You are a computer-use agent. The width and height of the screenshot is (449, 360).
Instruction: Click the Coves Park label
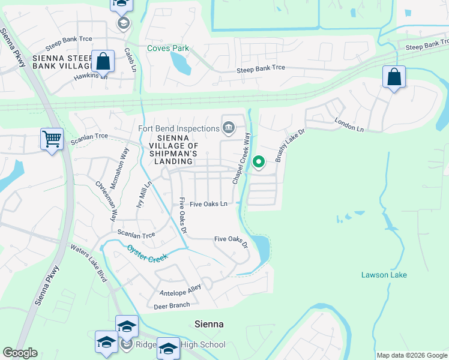[168, 49]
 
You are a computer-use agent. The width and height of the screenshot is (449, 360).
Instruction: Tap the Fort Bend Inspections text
[178, 128]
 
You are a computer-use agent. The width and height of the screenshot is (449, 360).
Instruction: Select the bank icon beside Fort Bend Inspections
[229, 126]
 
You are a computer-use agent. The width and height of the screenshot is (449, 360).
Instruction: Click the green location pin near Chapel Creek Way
[259, 162]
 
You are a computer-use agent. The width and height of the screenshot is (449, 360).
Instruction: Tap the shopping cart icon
[52, 139]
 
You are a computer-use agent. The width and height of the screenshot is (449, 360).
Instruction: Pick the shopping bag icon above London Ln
[394, 77]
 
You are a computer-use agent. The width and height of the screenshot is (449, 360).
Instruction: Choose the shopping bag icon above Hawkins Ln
[103, 61]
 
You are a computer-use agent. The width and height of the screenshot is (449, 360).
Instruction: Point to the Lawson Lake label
[384, 275]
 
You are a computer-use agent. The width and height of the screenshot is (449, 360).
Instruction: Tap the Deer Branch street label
[172, 305]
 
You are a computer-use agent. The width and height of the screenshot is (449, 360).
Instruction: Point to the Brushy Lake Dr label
[287, 146]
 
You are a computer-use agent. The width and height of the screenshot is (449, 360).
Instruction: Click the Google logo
[20, 353]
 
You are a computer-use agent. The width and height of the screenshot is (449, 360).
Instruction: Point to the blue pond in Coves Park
[180, 63]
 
